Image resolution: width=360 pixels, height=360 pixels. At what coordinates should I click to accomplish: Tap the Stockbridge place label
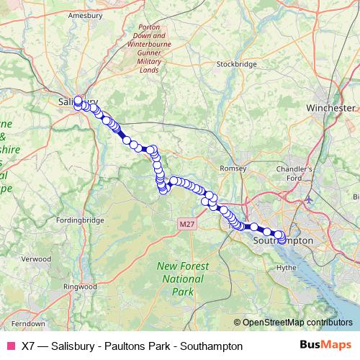point(236,64)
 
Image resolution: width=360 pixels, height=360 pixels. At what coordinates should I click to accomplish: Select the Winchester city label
point(331,107)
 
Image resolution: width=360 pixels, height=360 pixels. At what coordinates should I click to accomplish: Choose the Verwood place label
point(36,258)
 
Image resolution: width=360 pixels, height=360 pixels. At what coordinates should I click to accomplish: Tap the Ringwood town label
point(80,286)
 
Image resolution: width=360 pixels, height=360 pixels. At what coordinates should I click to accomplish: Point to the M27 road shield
point(187,225)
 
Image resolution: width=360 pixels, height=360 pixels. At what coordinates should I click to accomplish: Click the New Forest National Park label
point(183,279)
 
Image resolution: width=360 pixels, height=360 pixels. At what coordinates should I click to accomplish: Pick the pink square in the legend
point(11,346)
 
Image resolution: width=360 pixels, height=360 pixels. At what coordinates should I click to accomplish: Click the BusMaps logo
point(325,346)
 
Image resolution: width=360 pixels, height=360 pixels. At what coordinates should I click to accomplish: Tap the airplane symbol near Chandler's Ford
point(310,198)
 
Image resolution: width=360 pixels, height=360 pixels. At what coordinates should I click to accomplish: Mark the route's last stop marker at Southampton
point(281,238)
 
